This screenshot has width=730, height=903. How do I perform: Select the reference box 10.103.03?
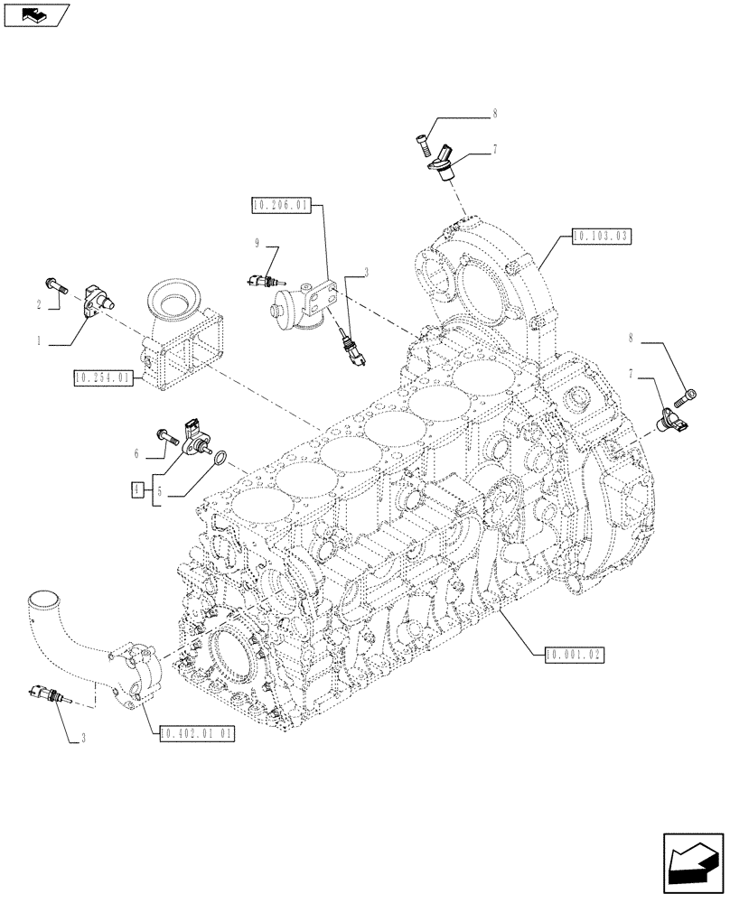click(x=600, y=236)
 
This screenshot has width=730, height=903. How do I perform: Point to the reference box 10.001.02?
click(x=574, y=652)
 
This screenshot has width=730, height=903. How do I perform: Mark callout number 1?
click(x=40, y=342)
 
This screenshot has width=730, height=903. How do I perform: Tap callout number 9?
click(x=257, y=243)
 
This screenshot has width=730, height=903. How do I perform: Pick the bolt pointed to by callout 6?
click(x=168, y=435)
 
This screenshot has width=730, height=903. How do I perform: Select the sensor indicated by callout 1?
click(x=97, y=302)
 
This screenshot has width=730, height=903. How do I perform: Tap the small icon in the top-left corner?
click(x=36, y=14)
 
